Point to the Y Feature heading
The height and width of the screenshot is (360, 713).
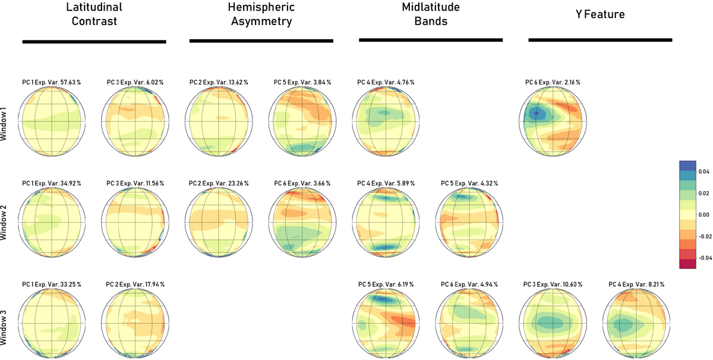[x=600, y=14]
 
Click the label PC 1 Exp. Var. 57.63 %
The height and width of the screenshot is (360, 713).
[x=51, y=82]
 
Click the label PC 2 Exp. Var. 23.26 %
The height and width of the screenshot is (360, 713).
[x=219, y=183]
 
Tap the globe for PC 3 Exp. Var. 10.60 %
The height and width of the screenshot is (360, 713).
[x=553, y=323]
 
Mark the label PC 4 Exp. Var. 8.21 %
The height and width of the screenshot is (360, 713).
[x=636, y=284]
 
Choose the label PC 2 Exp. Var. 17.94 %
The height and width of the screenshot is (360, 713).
[x=135, y=284]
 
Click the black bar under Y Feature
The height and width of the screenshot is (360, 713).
[x=600, y=40]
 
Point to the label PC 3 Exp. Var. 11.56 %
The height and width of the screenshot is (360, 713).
[x=135, y=183]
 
